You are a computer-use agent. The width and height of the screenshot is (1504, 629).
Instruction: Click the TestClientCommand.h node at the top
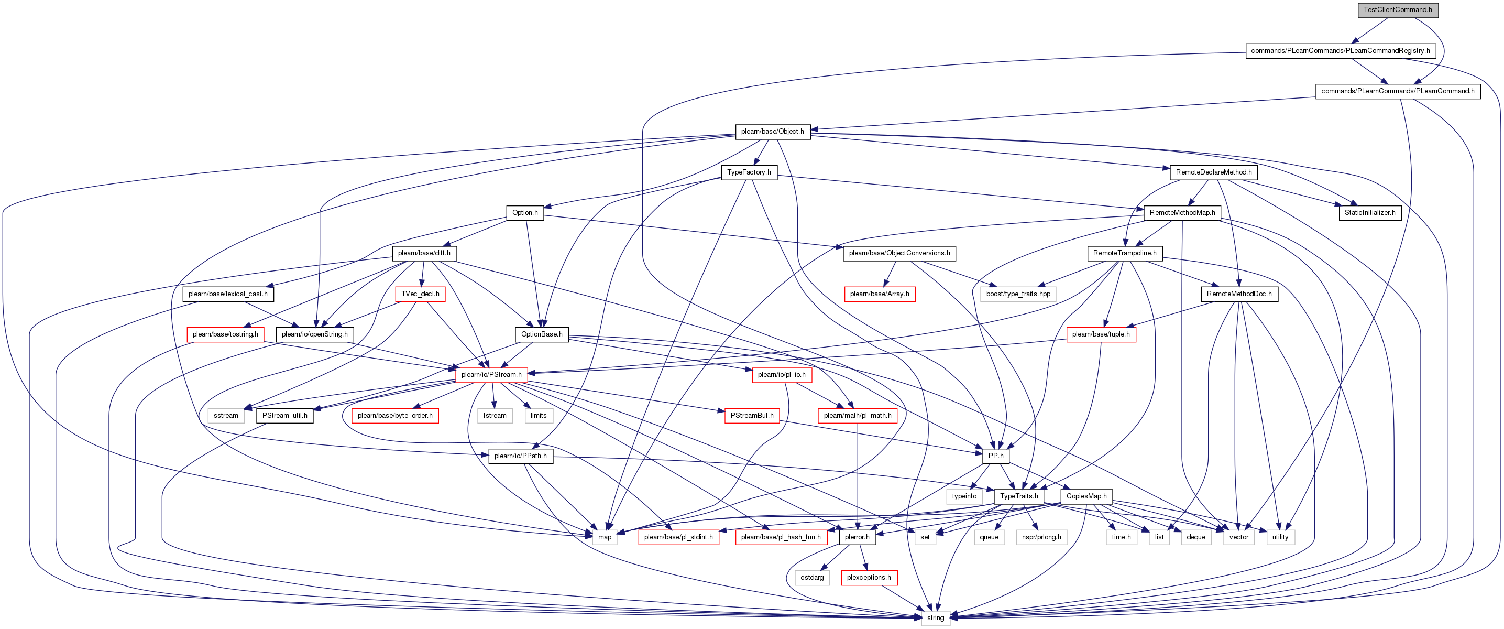tap(1398, 10)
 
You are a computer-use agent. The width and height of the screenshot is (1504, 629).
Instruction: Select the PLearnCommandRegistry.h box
tap(1341, 51)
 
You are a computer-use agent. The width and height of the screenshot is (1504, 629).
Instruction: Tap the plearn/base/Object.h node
tap(773, 132)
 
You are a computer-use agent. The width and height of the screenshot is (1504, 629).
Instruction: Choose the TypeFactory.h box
tap(749, 172)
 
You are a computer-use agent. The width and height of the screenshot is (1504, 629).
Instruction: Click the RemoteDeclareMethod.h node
tap(1214, 172)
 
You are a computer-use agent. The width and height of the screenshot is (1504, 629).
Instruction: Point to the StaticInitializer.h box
tap(1370, 213)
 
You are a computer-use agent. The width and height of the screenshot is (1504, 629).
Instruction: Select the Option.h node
tap(525, 213)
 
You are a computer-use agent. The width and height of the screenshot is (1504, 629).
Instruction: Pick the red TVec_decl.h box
tap(420, 294)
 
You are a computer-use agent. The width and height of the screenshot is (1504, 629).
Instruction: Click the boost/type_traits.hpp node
tap(1018, 294)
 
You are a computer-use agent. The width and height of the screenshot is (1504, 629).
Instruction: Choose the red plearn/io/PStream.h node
tap(491, 375)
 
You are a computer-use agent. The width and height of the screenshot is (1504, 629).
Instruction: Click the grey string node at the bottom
tap(935, 618)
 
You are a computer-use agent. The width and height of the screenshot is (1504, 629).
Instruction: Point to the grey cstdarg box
tap(812, 578)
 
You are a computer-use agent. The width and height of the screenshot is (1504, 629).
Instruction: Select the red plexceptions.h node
tap(869, 578)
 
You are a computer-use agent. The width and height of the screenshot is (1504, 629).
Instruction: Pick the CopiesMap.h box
tap(1086, 496)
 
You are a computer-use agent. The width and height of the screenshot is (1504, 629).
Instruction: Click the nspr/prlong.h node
tap(1041, 537)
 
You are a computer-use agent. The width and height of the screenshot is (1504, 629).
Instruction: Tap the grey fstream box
tap(495, 415)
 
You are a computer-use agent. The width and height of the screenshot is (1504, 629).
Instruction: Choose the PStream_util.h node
tap(285, 415)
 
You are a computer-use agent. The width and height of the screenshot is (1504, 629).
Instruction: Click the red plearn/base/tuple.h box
tap(1101, 334)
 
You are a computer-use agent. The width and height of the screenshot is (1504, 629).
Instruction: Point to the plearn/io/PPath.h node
tap(521, 456)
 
